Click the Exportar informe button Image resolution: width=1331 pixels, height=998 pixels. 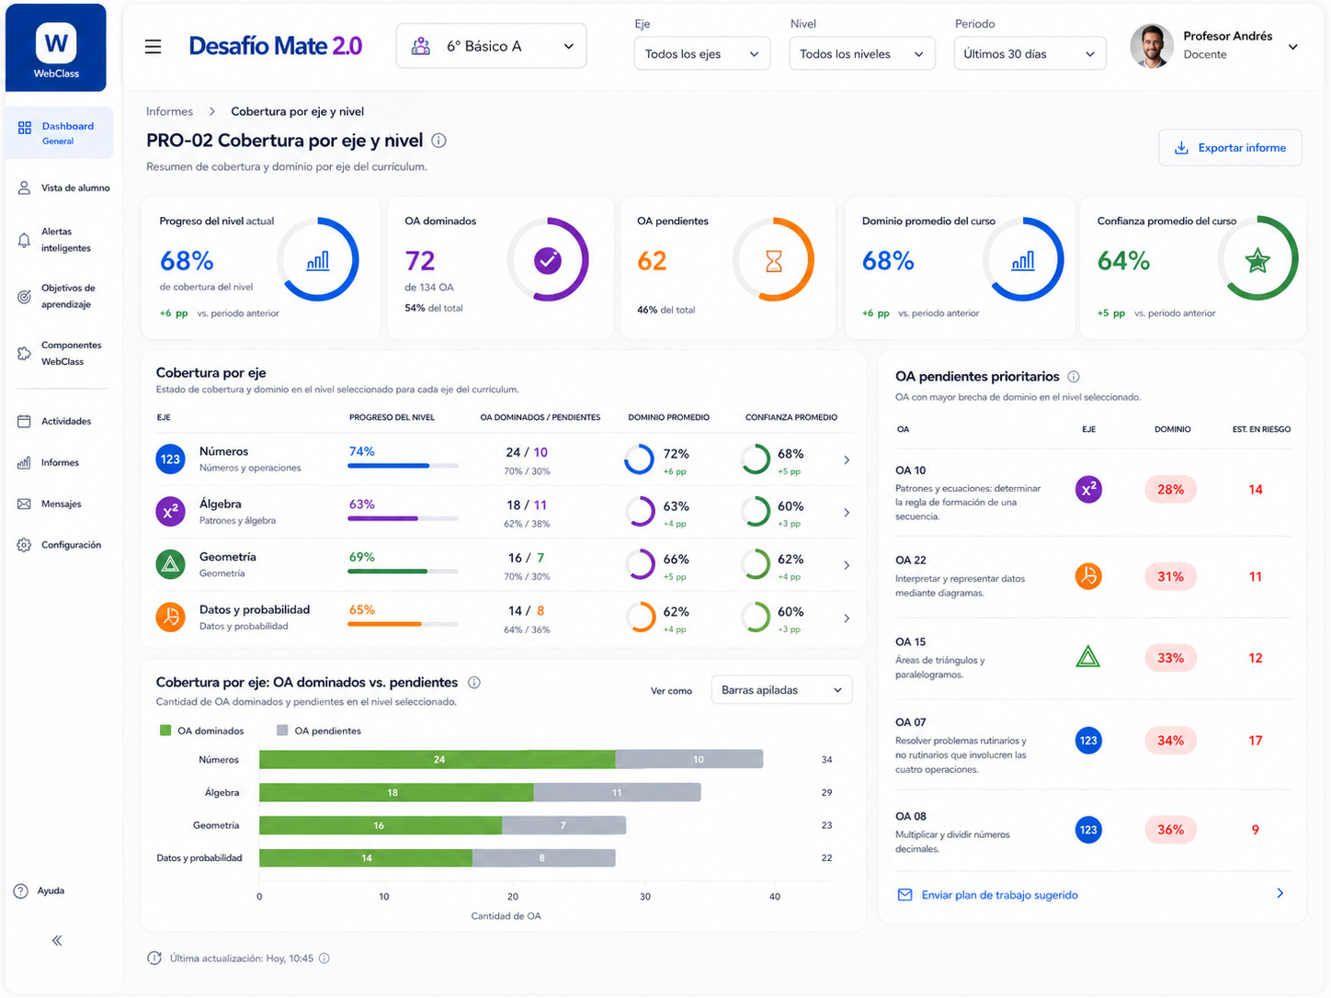tap(1229, 148)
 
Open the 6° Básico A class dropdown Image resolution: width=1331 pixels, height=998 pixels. tap(491, 46)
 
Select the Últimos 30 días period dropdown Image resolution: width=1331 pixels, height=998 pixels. tap(1029, 54)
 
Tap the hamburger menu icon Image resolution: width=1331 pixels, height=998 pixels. tap(153, 47)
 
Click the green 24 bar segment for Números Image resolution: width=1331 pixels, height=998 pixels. tap(438, 759)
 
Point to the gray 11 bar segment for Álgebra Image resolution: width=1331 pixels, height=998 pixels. tap(617, 792)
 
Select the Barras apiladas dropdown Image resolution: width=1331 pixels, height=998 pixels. tap(781, 690)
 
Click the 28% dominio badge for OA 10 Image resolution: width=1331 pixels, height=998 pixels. tap(1170, 490)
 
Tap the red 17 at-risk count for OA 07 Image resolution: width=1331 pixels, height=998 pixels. tap(1255, 741)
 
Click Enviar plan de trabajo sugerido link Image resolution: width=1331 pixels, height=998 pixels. tap(999, 895)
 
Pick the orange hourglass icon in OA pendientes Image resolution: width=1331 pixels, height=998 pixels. tap(773, 261)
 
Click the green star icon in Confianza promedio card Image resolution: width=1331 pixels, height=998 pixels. tap(1257, 261)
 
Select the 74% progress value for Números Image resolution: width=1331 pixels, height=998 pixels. tap(361, 451)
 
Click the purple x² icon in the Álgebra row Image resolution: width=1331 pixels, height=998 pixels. tap(170, 512)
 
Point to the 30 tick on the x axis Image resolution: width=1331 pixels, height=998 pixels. tap(644, 897)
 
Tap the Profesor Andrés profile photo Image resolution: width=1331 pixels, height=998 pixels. tap(1151, 46)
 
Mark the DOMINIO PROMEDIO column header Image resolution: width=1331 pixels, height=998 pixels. tap(668, 417)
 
